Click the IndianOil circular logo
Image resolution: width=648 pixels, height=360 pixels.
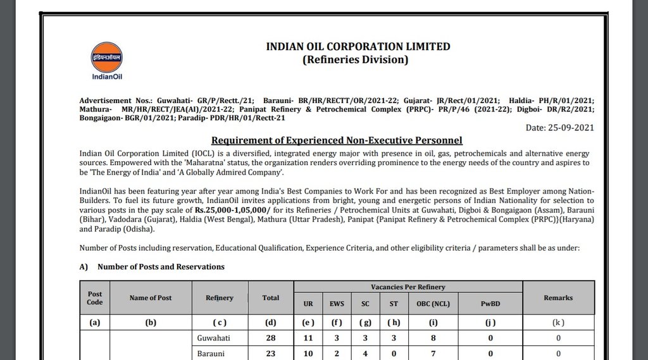click(x=106, y=58)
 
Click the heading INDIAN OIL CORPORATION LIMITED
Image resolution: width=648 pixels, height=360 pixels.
click(x=358, y=46)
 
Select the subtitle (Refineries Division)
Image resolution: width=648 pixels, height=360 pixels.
click(x=355, y=60)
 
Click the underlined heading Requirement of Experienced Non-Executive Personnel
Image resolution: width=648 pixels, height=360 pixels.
click(x=337, y=140)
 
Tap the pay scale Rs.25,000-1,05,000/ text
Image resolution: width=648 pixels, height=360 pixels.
click(x=233, y=209)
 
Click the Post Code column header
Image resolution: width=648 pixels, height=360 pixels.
click(x=95, y=298)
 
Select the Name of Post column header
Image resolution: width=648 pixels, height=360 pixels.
click(x=151, y=298)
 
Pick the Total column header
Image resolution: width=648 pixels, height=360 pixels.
click(x=271, y=298)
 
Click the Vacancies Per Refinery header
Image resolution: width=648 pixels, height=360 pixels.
click(x=408, y=287)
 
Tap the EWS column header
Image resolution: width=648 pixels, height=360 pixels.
click(x=337, y=304)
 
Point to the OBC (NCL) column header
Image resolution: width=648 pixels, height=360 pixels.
click(x=433, y=304)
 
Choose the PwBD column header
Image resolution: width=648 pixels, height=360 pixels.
click(x=490, y=304)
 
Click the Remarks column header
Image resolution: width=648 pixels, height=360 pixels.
click(x=558, y=298)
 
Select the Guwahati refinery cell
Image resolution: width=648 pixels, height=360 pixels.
click(x=215, y=338)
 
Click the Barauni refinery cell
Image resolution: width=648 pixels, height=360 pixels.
click(x=211, y=354)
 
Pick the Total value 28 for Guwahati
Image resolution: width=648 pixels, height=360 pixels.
click(x=271, y=338)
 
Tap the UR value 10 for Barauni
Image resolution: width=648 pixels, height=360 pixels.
click(x=308, y=354)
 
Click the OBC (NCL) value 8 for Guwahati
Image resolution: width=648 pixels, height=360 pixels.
click(x=433, y=338)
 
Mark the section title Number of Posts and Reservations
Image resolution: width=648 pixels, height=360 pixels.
click(x=161, y=267)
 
